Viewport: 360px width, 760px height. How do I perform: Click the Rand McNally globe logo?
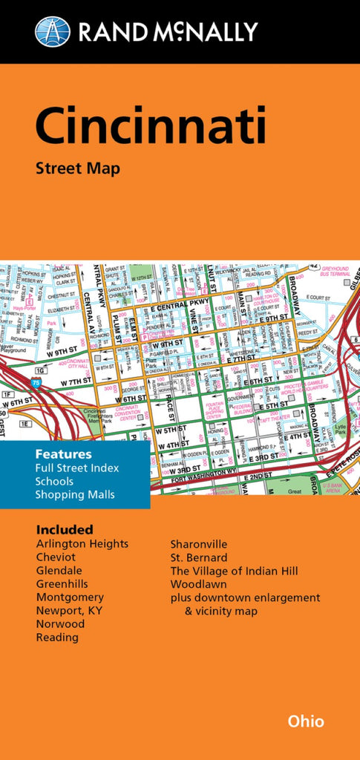(53, 31)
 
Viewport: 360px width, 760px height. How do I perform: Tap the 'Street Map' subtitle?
(77, 168)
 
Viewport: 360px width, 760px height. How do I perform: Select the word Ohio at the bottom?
(306, 721)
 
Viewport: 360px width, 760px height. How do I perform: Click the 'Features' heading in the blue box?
(63, 453)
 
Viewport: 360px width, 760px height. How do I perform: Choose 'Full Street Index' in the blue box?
(76, 468)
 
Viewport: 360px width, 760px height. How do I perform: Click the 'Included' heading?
(65, 529)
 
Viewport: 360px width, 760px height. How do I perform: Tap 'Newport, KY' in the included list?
(69, 611)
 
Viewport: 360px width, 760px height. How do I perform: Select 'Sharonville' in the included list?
(199, 544)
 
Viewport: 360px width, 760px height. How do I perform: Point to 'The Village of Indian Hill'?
(235, 571)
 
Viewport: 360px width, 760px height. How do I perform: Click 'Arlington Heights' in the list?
(82, 544)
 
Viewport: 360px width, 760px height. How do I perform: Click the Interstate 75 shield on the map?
(36, 383)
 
